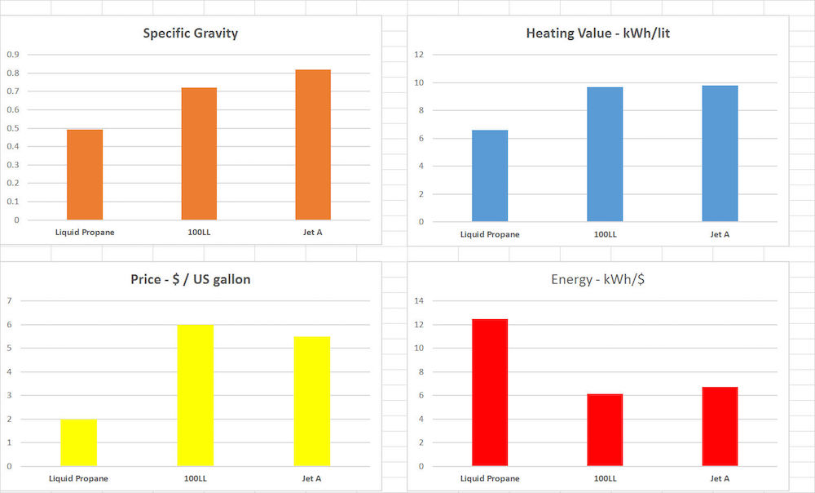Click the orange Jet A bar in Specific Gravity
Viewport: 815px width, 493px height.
tap(313, 144)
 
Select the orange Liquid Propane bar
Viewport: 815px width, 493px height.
tap(85, 175)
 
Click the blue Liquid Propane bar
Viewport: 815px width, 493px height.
tap(490, 175)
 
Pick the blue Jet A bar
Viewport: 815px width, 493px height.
tap(720, 153)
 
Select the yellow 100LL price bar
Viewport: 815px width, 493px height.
tap(196, 396)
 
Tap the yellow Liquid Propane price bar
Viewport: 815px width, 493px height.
tap(78, 442)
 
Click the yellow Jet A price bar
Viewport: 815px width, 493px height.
tap(313, 402)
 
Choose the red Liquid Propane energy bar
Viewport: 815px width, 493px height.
tap(490, 393)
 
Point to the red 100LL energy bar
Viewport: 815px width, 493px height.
tap(605, 430)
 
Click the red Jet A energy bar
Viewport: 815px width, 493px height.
tap(720, 427)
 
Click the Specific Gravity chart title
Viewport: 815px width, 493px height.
tap(191, 33)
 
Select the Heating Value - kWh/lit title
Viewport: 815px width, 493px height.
tap(597, 33)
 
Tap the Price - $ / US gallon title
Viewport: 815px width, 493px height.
tap(191, 279)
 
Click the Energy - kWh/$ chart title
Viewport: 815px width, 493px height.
tap(597, 279)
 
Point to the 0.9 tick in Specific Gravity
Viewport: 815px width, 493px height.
tap(12, 55)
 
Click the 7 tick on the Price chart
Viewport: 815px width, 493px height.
tap(10, 301)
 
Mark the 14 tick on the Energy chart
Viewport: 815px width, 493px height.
tap(420, 301)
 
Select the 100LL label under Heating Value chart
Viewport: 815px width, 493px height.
tap(605, 234)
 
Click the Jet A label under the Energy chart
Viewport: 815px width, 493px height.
tap(720, 478)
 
